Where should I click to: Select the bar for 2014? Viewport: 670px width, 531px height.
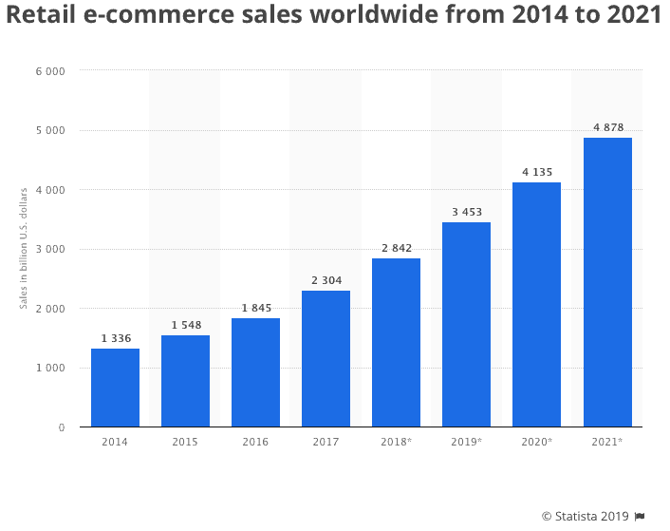coord(115,388)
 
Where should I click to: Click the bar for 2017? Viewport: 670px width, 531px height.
coord(326,358)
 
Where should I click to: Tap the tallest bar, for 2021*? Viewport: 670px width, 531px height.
coord(607,282)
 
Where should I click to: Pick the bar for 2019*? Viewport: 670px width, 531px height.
coord(466,324)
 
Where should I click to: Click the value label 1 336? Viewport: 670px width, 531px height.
coord(115,338)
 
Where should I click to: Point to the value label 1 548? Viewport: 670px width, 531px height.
coord(185,325)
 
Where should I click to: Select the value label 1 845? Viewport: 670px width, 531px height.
coord(255,308)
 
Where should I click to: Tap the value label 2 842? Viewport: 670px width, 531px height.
coord(396,248)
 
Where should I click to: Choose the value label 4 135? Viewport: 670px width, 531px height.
coord(536,172)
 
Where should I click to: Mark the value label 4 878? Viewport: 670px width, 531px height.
coord(607,128)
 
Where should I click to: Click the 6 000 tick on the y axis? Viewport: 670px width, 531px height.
coord(50,71)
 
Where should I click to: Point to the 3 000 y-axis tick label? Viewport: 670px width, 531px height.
coord(50,250)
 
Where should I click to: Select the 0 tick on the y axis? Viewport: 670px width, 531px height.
coord(61,427)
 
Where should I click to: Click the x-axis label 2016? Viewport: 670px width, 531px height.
coord(255,443)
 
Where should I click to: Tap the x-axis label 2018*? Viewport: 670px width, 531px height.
coord(396,443)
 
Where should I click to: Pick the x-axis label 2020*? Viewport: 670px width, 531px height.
coord(536,443)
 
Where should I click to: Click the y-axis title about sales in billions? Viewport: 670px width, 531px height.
coord(23,250)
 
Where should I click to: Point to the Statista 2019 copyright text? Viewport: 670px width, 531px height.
coord(585,516)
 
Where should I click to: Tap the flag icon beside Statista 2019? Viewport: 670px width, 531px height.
coord(640,516)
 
